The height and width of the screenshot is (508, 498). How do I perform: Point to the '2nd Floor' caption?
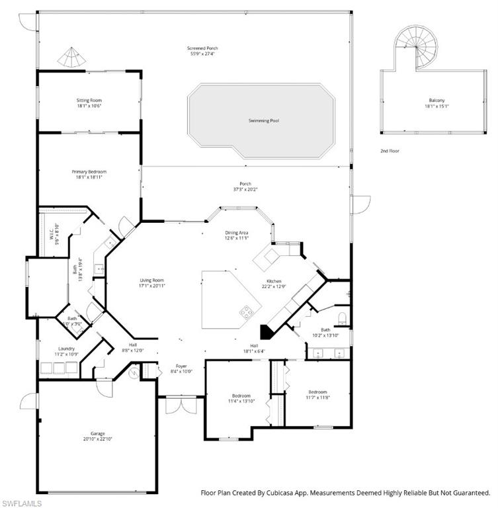(390, 151)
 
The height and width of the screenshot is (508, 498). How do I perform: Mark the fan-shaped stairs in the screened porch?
(70, 58)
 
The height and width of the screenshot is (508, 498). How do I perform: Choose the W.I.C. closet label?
(50, 233)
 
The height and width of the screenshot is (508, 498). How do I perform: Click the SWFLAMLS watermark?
(22, 502)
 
